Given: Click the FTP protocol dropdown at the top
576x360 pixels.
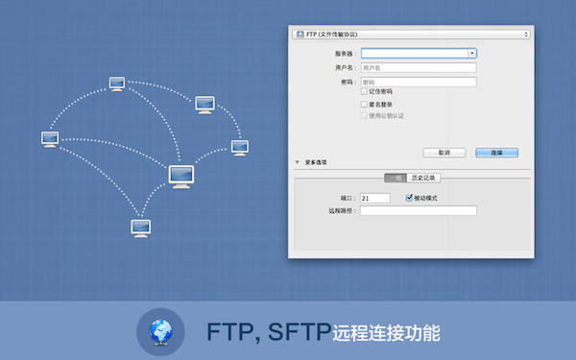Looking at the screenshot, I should pyautogui.click(x=410, y=34).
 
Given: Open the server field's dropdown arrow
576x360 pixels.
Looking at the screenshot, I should pyautogui.click(x=472, y=54).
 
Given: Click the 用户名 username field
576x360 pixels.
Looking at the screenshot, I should pyautogui.click(x=419, y=68).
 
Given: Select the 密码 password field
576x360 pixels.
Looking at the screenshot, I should pyautogui.click(x=419, y=83).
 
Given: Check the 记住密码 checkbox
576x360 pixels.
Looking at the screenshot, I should pyautogui.click(x=363, y=92).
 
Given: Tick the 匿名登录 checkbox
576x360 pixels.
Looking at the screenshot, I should pyautogui.click(x=363, y=104).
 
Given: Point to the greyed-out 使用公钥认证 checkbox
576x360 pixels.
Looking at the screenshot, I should pyautogui.click(x=363, y=115).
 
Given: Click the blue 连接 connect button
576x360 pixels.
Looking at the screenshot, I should pyautogui.click(x=497, y=152).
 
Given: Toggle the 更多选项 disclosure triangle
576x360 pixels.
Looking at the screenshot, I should pyautogui.click(x=298, y=162).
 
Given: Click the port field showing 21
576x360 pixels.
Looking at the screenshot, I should pyautogui.click(x=374, y=198).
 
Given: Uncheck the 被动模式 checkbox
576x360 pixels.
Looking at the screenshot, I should pyautogui.click(x=408, y=198).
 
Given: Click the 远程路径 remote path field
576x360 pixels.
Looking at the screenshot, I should pyautogui.click(x=419, y=210).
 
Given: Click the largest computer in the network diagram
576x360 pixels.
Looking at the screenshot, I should pyautogui.click(x=182, y=176).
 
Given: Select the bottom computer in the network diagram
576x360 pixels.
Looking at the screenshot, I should pyautogui.click(x=140, y=228).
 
